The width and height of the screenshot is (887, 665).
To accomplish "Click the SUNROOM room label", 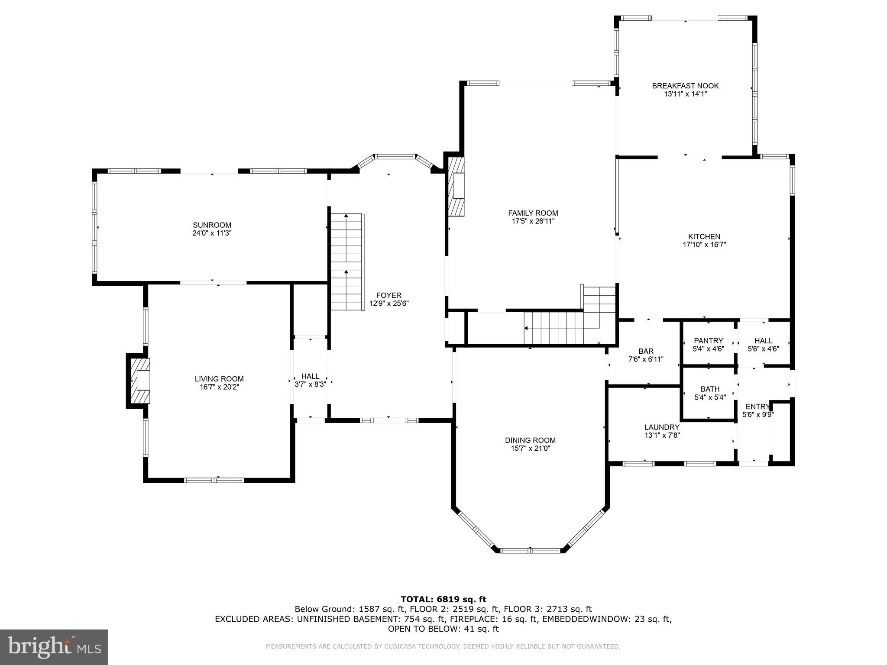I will click(212, 225).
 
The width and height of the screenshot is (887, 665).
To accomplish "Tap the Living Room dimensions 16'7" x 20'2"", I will click(219, 387).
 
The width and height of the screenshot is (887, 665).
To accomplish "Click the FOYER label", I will click(388, 296).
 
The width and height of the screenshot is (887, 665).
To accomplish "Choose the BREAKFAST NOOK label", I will click(685, 86).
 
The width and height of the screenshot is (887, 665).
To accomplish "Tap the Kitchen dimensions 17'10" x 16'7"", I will click(704, 245).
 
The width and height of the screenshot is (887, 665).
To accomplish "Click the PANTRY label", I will click(708, 341).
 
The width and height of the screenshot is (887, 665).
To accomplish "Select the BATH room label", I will click(710, 389).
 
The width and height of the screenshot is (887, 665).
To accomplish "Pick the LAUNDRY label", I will click(662, 427).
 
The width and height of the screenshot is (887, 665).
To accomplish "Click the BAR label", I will click(646, 351).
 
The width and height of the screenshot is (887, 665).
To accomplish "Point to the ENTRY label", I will click(757, 407).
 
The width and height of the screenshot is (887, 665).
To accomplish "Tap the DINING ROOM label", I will click(530, 440).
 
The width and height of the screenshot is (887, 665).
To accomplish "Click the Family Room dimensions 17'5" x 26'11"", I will click(533, 221).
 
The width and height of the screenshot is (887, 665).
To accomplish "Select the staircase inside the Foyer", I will click(346, 261).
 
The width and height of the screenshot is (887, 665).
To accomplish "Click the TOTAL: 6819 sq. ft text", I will click(443, 599).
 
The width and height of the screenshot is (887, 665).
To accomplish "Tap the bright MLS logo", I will click(54, 647).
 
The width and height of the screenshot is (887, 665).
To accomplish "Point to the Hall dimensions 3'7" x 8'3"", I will click(310, 384).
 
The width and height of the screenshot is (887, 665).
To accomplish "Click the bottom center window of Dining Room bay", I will click(530, 551).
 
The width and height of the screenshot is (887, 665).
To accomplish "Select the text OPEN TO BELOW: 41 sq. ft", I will click(443, 629).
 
